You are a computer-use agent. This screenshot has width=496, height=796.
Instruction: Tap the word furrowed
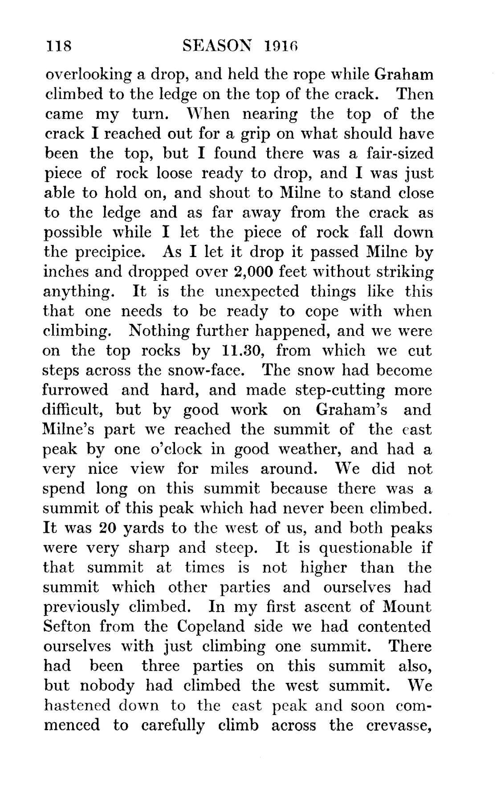75,390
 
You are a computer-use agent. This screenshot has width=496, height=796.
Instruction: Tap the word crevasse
398,725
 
